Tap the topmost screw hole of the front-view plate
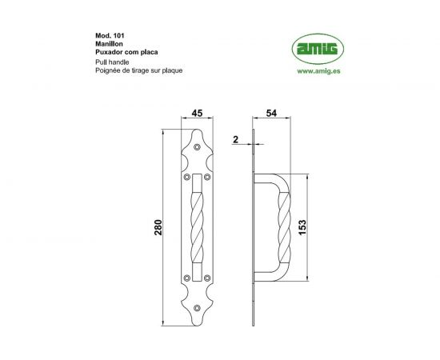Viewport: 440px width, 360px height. click(198, 147)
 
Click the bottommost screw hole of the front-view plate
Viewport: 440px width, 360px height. click(198, 306)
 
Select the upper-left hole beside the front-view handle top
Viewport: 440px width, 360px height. click(188, 177)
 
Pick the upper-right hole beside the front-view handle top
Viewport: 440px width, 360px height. click(207, 177)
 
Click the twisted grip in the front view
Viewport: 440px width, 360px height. click(198, 226)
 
